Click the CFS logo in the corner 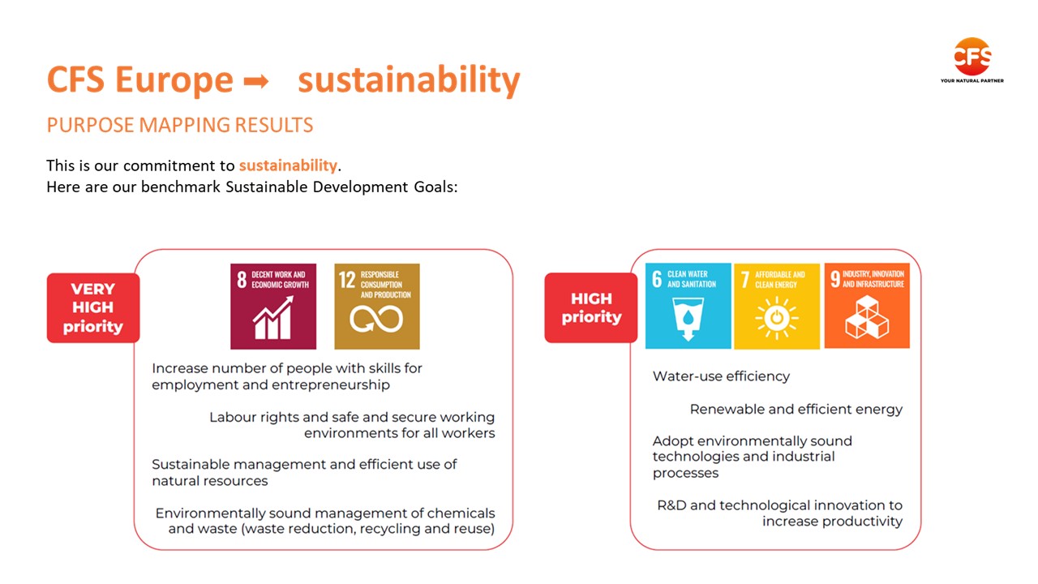point(972,60)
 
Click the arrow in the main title point(256,82)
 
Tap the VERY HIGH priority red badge point(93,307)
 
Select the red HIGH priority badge point(591,307)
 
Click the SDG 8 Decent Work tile point(273,307)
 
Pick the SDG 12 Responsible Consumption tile point(377,307)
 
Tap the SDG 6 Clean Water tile point(688,306)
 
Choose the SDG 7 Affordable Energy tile point(777,306)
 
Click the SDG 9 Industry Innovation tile point(867,306)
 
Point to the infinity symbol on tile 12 point(376,320)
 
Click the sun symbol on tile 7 point(777,318)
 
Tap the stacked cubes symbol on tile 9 point(867,317)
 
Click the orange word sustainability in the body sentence point(288,165)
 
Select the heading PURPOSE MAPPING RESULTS point(180,125)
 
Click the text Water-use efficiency point(721,376)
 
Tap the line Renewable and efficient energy point(796,410)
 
